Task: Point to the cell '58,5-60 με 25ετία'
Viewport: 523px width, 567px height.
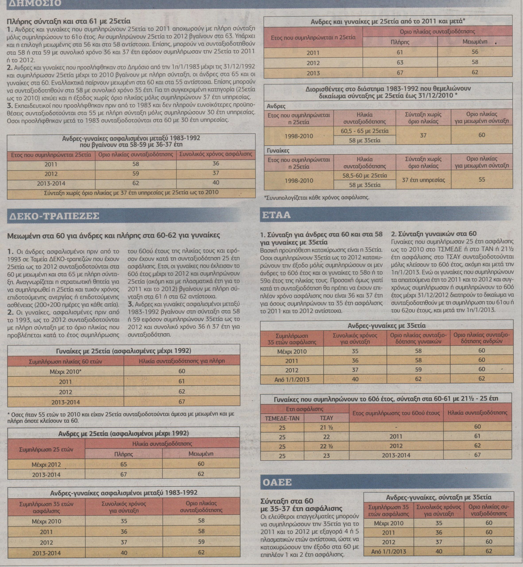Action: coord(364,175)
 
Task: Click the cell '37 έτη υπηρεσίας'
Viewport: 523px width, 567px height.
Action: coord(423,180)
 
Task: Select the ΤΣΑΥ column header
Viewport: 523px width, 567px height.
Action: coord(326,418)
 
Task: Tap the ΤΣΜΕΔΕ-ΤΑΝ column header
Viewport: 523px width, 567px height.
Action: coord(282,418)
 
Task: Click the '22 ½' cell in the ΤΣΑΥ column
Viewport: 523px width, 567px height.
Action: coord(326,447)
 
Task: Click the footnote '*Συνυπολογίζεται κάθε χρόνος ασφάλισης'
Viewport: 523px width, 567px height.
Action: coord(316,198)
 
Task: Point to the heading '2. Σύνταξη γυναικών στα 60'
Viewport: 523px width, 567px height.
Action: coord(434,234)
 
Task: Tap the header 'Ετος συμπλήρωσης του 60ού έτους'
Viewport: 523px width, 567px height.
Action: coord(396,413)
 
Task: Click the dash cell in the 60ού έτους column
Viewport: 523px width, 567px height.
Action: coord(396,427)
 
